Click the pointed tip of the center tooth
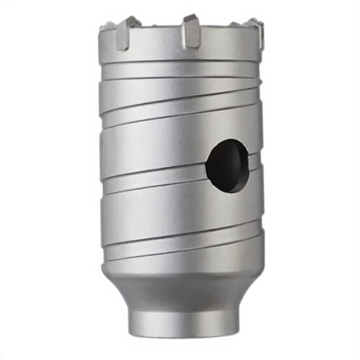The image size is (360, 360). point(191,18)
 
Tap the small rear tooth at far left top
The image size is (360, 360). point(105,27)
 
